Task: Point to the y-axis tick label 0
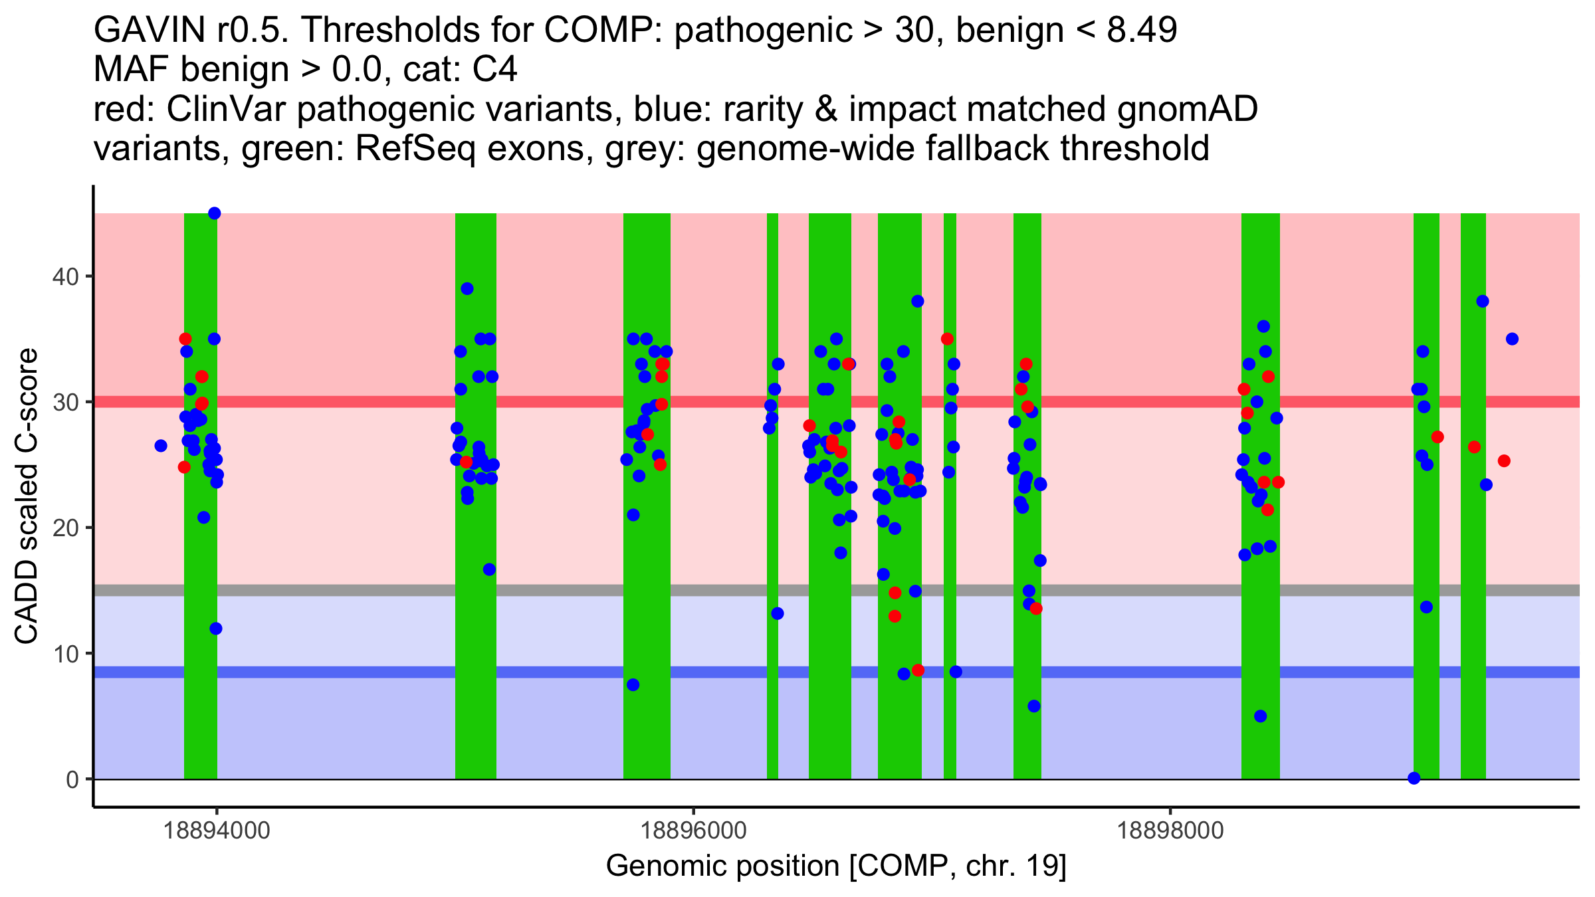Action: pos(72,779)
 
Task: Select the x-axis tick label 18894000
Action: pos(217,831)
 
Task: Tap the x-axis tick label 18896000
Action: pos(694,831)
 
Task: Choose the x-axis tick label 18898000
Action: pos(1170,831)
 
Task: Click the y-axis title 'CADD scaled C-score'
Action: pos(27,496)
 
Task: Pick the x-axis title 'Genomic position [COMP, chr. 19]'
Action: pos(836,866)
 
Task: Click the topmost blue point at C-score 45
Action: pos(214,213)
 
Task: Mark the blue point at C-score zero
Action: pos(1414,778)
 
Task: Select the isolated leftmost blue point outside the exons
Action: pos(161,446)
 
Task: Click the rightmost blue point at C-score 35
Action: pos(1512,339)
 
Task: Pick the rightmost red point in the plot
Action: pos(1504,461)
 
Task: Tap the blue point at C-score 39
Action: pos(467,289)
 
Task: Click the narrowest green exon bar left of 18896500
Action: pos(772,496)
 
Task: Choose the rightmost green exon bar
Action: pos(1473,496)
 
